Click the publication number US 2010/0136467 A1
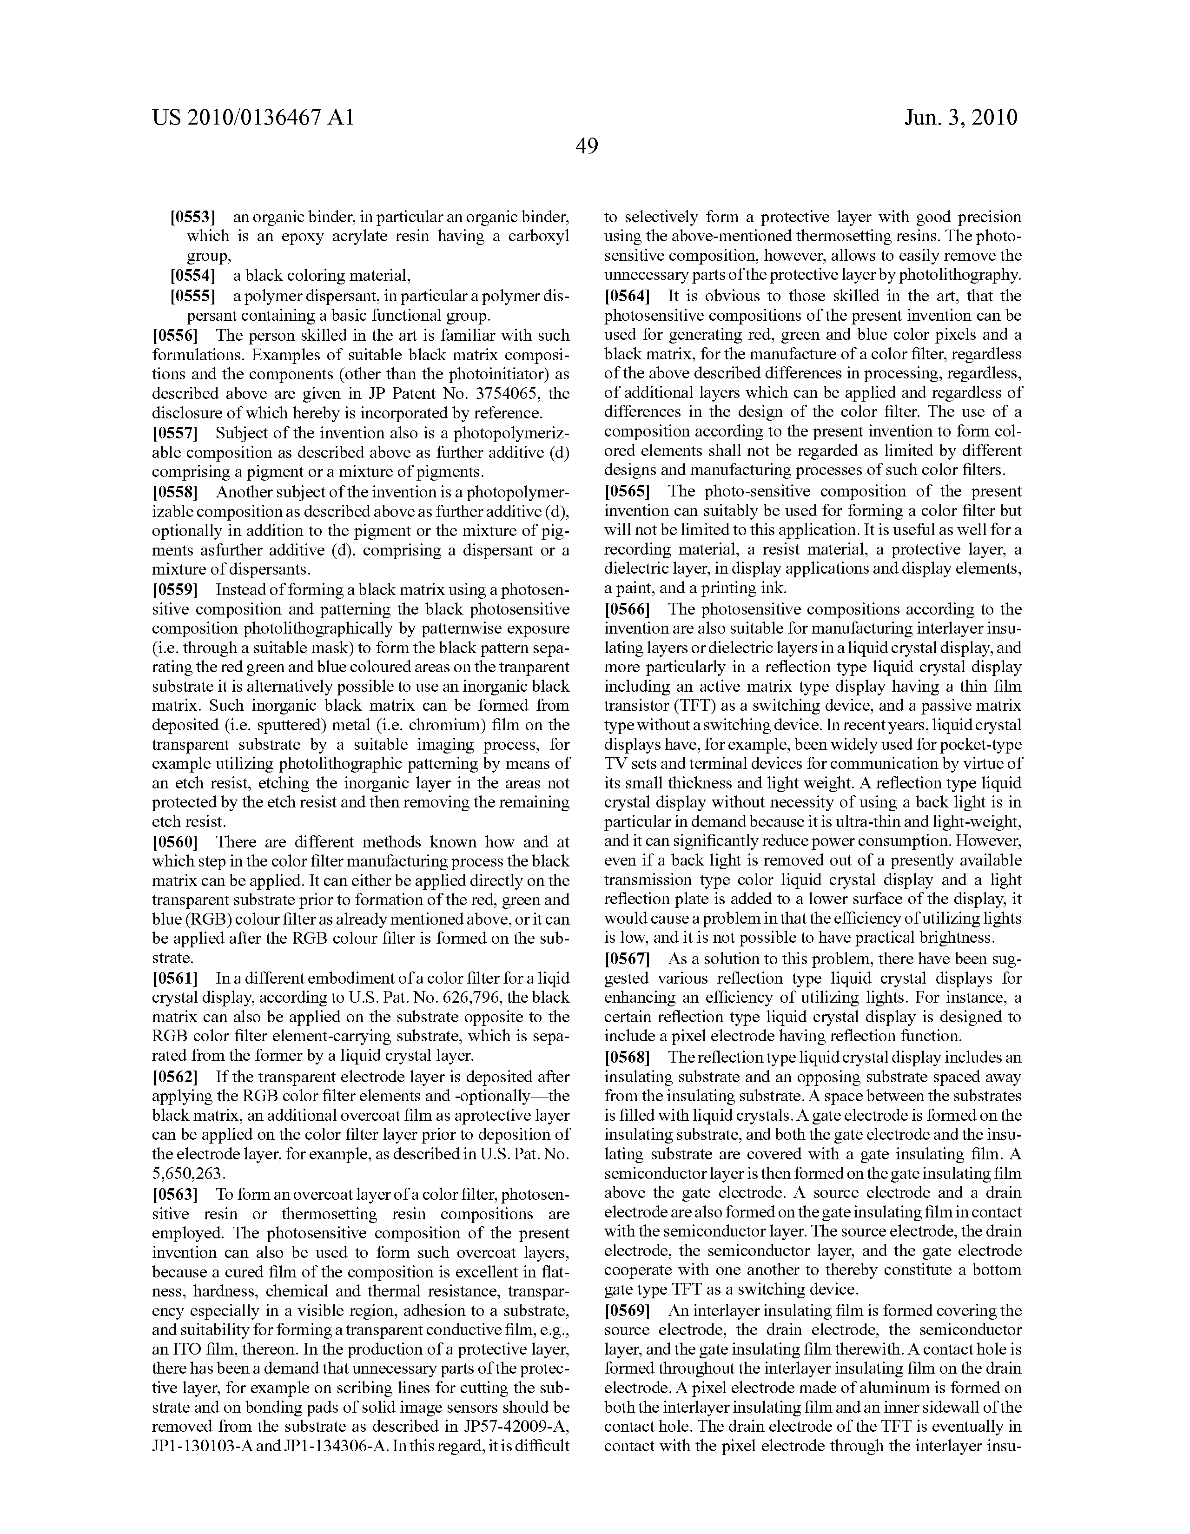[x=252, y=117]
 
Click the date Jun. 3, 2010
[x=960, y=117]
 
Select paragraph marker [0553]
[x=192, y=217]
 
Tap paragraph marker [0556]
[x=175, y=335]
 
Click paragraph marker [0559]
[x=175, y=589]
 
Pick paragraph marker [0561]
[x=175, y=978]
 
